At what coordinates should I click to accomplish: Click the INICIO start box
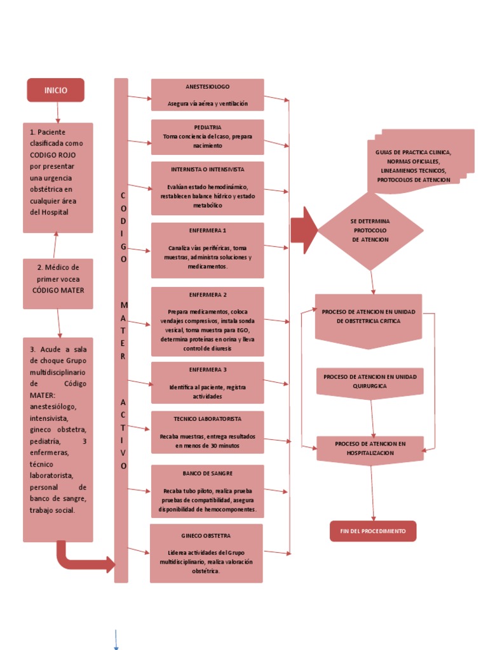point(55,90)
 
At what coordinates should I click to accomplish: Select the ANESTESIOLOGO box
point(207,95)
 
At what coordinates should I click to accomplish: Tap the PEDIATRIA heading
point(208,128)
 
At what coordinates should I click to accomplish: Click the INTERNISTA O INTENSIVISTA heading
point(207,170)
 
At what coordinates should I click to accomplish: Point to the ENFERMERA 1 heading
point(207,230)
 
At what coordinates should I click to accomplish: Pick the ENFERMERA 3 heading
point(207,369)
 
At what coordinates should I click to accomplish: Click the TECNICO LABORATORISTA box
point(207,432)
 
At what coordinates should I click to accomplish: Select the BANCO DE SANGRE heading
point(207,474)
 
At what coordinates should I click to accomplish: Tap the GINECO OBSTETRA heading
point(206,536)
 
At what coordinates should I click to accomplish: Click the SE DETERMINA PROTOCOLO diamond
point(370,230)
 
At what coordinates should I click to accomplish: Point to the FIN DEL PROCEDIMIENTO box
point(373,531)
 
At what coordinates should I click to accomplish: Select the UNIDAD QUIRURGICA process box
point(370,381)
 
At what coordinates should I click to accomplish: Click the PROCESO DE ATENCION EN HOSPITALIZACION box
point(370,448)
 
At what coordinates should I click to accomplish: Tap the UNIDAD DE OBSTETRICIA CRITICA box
point(369,317)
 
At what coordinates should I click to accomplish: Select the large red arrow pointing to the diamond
point(304,230)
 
